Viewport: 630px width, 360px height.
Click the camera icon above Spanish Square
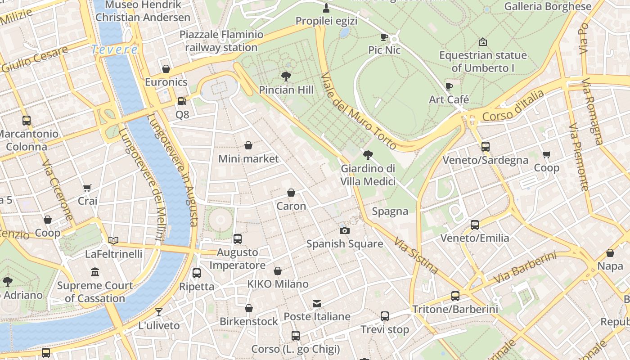click(x=344, y=231)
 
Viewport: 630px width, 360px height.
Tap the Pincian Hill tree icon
click(x=286, y=76)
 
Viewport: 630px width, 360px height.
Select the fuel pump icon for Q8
click(x=182, y=101)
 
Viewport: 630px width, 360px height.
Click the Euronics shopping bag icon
click(x=166, y=69)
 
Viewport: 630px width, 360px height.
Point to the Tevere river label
click(x=114, y=49)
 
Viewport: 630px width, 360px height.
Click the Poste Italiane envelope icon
click(x=317, y=304)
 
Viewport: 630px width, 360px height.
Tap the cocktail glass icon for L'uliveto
click(x=158, y=312)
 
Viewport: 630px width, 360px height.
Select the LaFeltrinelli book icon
click(x=113, y=241)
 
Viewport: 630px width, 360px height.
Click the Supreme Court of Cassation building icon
click(x=94, y=272)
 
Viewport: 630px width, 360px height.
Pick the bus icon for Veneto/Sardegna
click(x=485, y=147)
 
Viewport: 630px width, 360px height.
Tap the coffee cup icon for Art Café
click(x=449, y=86)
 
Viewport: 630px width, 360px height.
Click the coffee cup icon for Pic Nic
click(x=384, y=37)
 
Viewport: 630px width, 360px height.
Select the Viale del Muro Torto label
click(x=359, y=111)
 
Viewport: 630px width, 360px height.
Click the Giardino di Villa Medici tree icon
click(x=368, y=155)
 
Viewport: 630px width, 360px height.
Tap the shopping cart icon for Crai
click(x=87, y=188)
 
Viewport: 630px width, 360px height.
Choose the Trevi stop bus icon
click(x=385, y=316)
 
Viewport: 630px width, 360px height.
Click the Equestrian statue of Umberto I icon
click(x=482, y=42)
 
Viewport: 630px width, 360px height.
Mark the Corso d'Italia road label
click(x=513, y=106)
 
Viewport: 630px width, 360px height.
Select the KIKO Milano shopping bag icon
click(x=278, y=271)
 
